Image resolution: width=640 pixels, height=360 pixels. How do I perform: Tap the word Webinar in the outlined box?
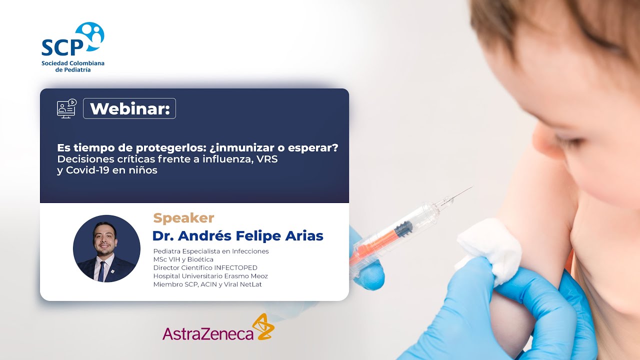coord(129,108)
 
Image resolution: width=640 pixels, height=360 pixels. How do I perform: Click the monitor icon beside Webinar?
coord(66,108)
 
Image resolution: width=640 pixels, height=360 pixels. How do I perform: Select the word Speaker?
coord(183,218)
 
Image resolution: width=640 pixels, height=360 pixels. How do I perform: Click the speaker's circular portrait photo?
coord(106,248)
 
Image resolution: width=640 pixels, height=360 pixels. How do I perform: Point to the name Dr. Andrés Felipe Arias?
coord(237,235)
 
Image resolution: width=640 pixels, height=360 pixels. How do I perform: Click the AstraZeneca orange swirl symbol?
coord(263,327)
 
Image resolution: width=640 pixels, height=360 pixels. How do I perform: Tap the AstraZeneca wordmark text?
coord(208,333)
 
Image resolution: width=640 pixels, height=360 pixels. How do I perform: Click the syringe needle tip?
coord(470,188)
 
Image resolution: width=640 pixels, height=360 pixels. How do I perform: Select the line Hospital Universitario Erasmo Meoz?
coord(210,276)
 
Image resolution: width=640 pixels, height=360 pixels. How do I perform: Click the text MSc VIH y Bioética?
coord(183,259)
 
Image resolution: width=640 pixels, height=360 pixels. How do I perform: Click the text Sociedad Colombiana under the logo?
coord(73,63)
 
